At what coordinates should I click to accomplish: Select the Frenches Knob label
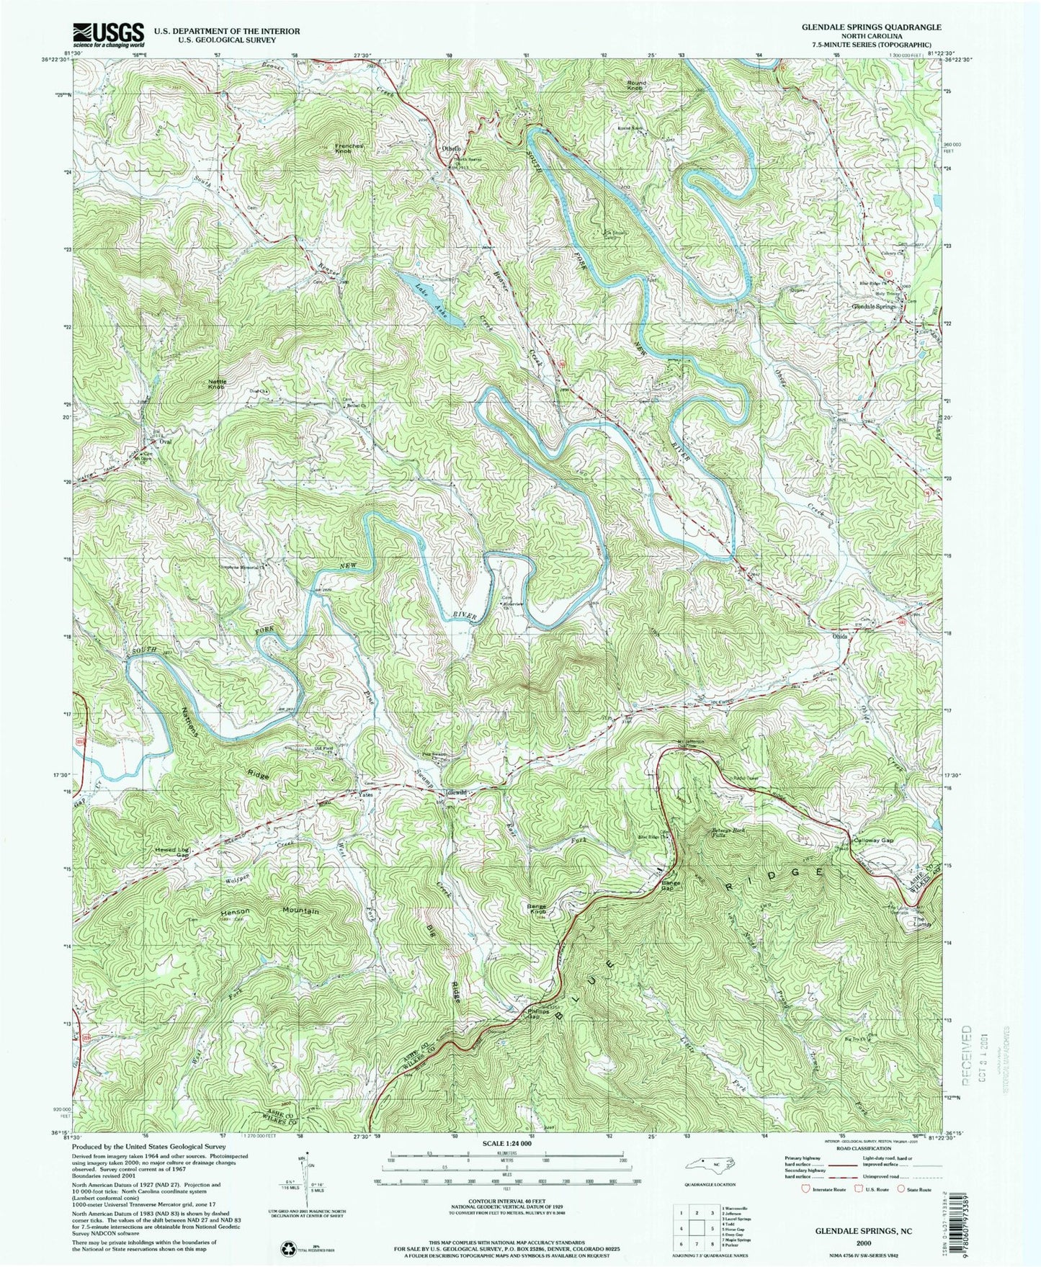[x=353, y=149]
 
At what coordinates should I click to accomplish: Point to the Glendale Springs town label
[x=874, y=306]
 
